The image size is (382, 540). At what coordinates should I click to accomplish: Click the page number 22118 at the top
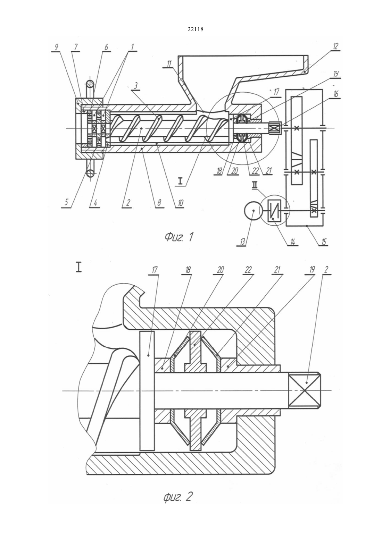click(x=195, y=29)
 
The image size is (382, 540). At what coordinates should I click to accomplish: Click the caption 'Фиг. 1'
click(x=179, y=238)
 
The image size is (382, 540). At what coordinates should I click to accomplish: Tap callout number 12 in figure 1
click(x=336, y=47)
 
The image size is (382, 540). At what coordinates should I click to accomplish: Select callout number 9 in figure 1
click(x=56, y=47)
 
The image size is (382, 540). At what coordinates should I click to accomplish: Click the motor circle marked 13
click(x=252, y=210)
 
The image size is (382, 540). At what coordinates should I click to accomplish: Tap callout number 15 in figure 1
click(x=323, y=241)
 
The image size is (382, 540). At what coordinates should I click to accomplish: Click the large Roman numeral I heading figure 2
click(x=78, y=268)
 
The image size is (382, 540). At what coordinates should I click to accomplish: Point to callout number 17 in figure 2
click(x=154, y=270)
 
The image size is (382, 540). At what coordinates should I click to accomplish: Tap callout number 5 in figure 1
click(x=66, y=202)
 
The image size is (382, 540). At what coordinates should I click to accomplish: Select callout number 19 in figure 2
click(x=312, y=270)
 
